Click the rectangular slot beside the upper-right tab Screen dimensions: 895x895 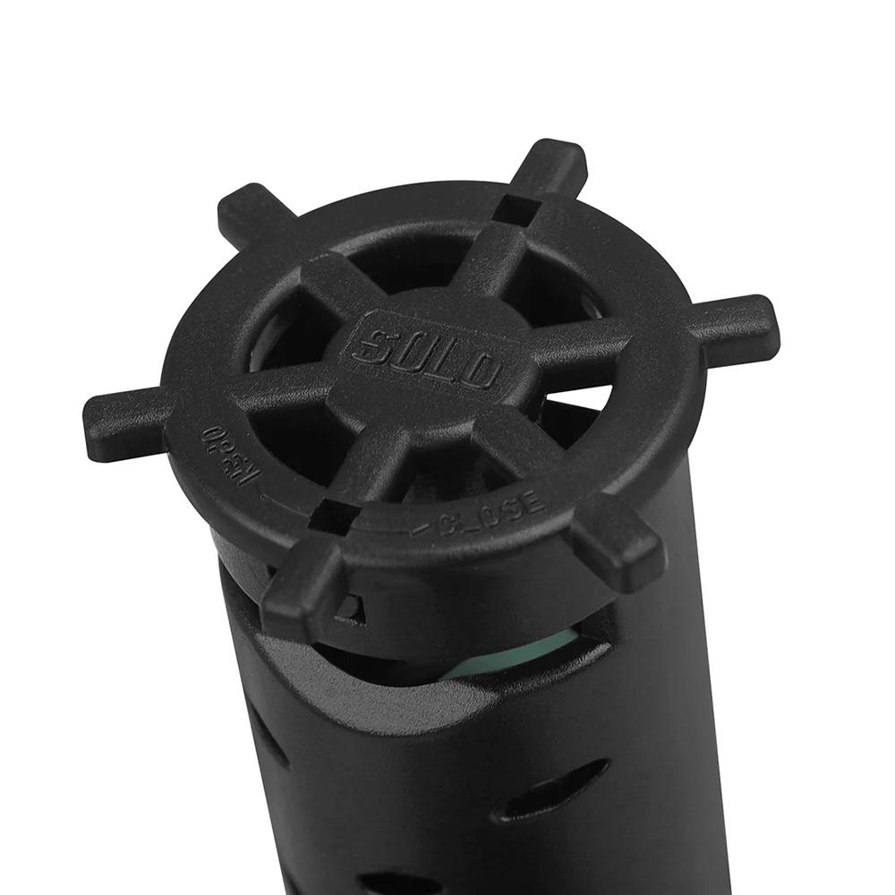pyautogui.click(x=516, y=210)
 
